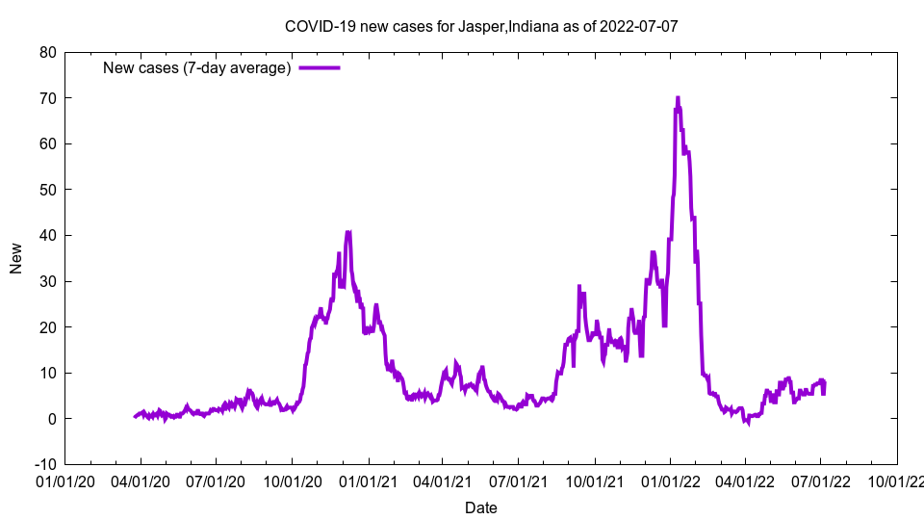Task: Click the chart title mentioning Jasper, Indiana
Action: coord(481,26)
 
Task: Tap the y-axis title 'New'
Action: coord(16,258)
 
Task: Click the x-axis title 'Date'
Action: coord(481,507)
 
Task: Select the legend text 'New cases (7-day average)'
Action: coord(197,68)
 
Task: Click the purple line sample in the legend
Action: coord(320,68)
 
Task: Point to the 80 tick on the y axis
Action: coord(46,52)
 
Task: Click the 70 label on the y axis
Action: coord(46,98)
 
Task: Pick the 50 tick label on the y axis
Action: coord(46,190)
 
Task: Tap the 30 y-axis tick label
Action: coord(46,281)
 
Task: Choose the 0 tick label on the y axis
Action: coord(51,419)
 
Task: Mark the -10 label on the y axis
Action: coord(43,464)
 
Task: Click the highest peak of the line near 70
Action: coord(678,98)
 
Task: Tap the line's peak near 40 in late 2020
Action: coord(347,232)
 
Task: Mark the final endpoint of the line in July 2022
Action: coord(823,383)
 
